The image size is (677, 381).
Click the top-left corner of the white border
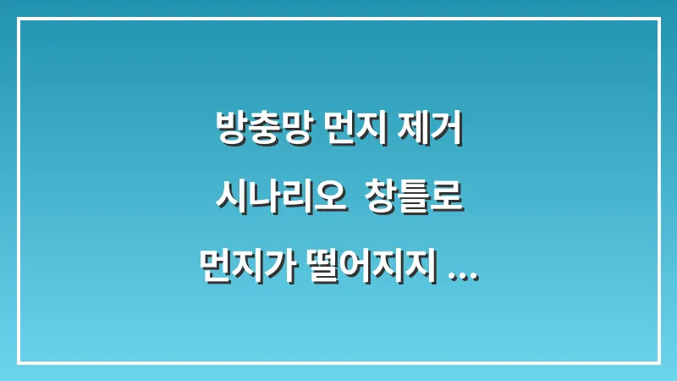tap(19, 19)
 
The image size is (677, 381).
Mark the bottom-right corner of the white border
tap(658, 362)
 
